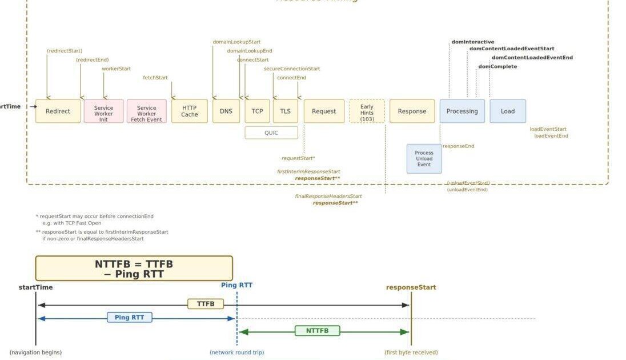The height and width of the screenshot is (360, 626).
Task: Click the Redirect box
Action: [x=58, y=111]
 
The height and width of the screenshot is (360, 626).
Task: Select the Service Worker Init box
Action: [x=103, y=111]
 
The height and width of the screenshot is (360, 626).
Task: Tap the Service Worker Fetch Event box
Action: [x=146, y=111]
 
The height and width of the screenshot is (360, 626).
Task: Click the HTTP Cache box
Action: [x=189, y=111]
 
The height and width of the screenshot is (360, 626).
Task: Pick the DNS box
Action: [x=226, y=111]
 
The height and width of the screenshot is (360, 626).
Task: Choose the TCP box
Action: [x=257, y=111]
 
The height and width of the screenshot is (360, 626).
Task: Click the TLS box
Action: [x=285, y=111]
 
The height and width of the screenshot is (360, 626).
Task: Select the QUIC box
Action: [x=271, y=133]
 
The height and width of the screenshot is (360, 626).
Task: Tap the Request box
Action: [x=324, y=111]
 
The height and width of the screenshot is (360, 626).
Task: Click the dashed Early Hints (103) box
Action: [x=367, y=111]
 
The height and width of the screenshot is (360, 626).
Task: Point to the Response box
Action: [x=412, y=111]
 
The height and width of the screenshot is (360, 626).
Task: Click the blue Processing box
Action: [x=462, y=111]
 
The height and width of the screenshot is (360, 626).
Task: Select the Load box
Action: [x=507, y=111]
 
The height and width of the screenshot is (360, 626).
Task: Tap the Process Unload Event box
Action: [x=424, y=159]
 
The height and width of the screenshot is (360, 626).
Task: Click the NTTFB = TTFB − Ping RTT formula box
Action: [x=134, y=269]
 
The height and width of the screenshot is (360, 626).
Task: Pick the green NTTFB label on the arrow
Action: [x=317, y=331]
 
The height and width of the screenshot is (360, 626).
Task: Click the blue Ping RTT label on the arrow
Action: [x=130, y=317]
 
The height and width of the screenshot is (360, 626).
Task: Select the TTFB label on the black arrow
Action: [x=206, y=304]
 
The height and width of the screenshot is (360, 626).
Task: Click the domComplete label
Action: [x=497, y=67]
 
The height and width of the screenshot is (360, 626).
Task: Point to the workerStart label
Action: [x=116, y=69]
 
